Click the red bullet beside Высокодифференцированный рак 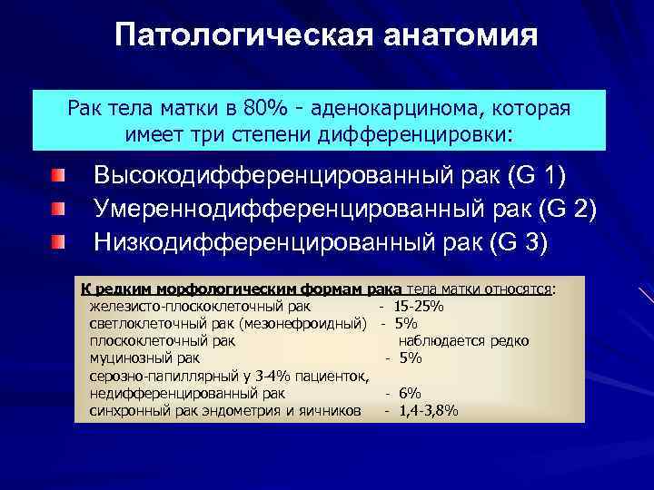click(58, 172)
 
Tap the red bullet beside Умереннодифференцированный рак click(58, 209)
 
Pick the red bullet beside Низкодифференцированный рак click(58, 242)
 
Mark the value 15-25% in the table click(419, 307)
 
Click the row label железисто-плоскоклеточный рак click(200, 307)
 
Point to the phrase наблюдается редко click(463, 341)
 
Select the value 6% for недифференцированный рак click(409, 394)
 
